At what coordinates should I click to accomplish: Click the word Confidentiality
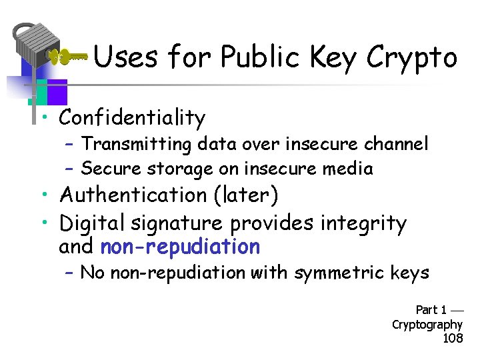pyautogui.click(x=132, y=118)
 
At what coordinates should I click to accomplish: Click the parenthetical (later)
pyautogui.click(x=249, y=195)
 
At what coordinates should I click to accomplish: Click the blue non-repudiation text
pyautogui.click(x=180, y=247)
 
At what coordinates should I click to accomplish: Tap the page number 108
pyautogui.click(x=453, y=339)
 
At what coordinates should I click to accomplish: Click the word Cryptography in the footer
pyautogui.click(x=427, y=325)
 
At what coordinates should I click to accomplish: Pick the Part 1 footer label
pyautogui.click(x=431, y=310)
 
